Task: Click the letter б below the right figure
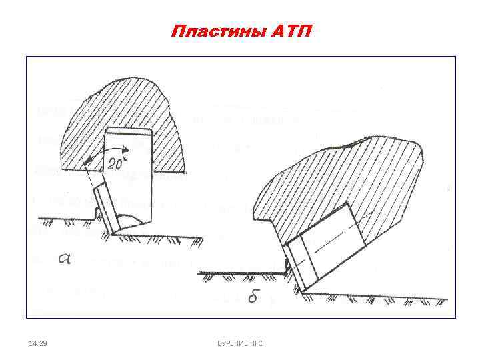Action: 252,297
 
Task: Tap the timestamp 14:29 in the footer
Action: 38,343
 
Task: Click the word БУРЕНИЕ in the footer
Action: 229,343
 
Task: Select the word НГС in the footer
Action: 256,343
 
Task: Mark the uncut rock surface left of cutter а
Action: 60,217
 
